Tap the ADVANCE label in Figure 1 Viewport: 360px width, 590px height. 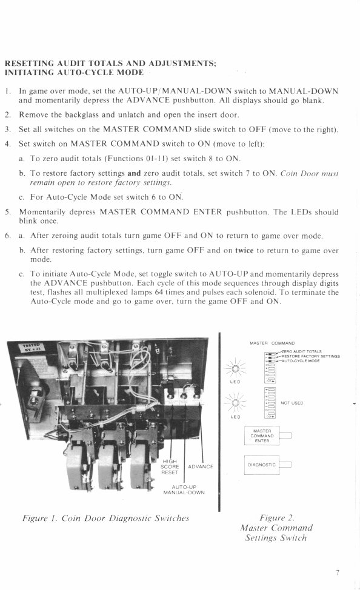pos(201,466)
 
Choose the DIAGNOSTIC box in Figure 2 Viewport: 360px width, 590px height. pos(262,465)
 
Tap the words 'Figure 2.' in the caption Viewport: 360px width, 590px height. pos(276,517)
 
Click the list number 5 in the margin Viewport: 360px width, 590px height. pos(8,212)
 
